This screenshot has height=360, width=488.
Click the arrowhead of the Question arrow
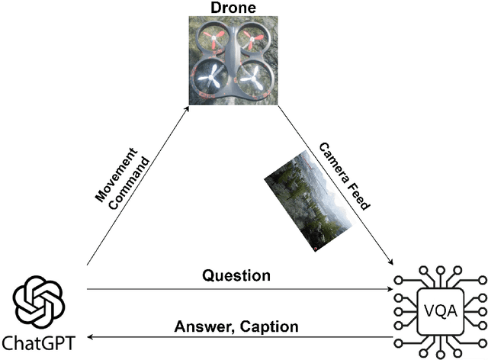pos(391,289)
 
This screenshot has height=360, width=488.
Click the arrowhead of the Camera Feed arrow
pos(390,262)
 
